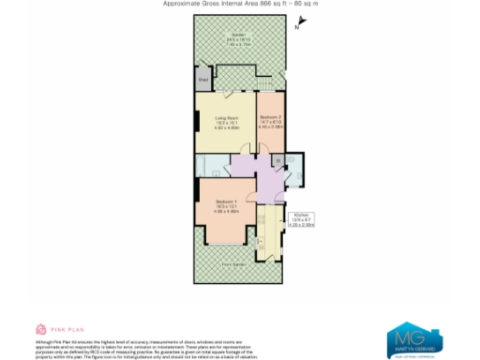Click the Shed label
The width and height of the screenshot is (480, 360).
click(202, 80)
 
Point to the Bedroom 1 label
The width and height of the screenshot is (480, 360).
click(227, 205)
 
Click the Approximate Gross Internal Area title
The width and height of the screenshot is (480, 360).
click(240, 4)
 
